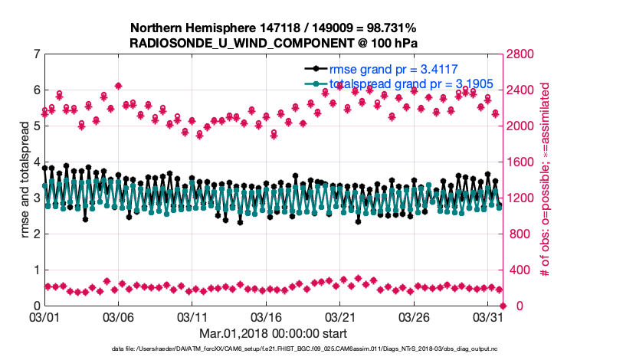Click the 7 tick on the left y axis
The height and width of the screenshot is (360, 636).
tap(35, 54)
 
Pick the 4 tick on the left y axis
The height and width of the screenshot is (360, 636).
tap(35, 162)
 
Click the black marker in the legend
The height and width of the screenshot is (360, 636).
tap(315, 68)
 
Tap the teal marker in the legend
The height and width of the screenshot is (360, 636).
tap(315, 83)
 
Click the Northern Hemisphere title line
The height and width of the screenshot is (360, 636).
tap(273, 27)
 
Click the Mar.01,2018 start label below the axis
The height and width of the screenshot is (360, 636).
tap(273, 333)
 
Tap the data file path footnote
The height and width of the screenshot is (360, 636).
tap(273, 349)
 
